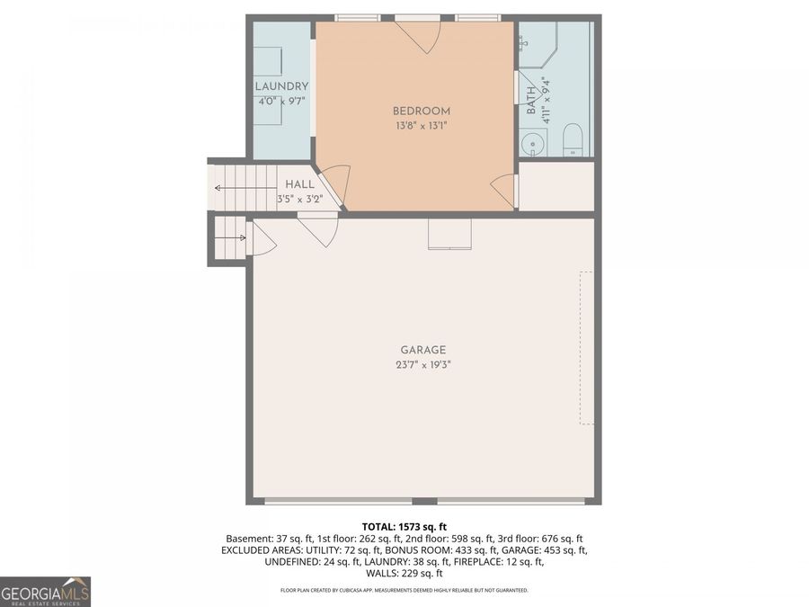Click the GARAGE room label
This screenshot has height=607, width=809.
pos(422,350)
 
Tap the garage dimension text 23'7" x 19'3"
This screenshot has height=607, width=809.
pos(422,365)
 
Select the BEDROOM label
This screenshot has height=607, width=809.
pos(422,111)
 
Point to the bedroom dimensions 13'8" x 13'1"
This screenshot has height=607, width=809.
pos(422,126)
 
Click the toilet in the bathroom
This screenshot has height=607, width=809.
pos(573,141)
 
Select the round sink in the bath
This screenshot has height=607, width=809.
pos(533,143)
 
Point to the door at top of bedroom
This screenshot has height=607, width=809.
pos(419,34)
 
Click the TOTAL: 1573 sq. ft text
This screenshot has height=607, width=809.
pos(404,526)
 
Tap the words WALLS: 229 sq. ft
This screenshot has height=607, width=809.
pos(404,573)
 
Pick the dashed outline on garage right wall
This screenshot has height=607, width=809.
pos(586,348)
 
